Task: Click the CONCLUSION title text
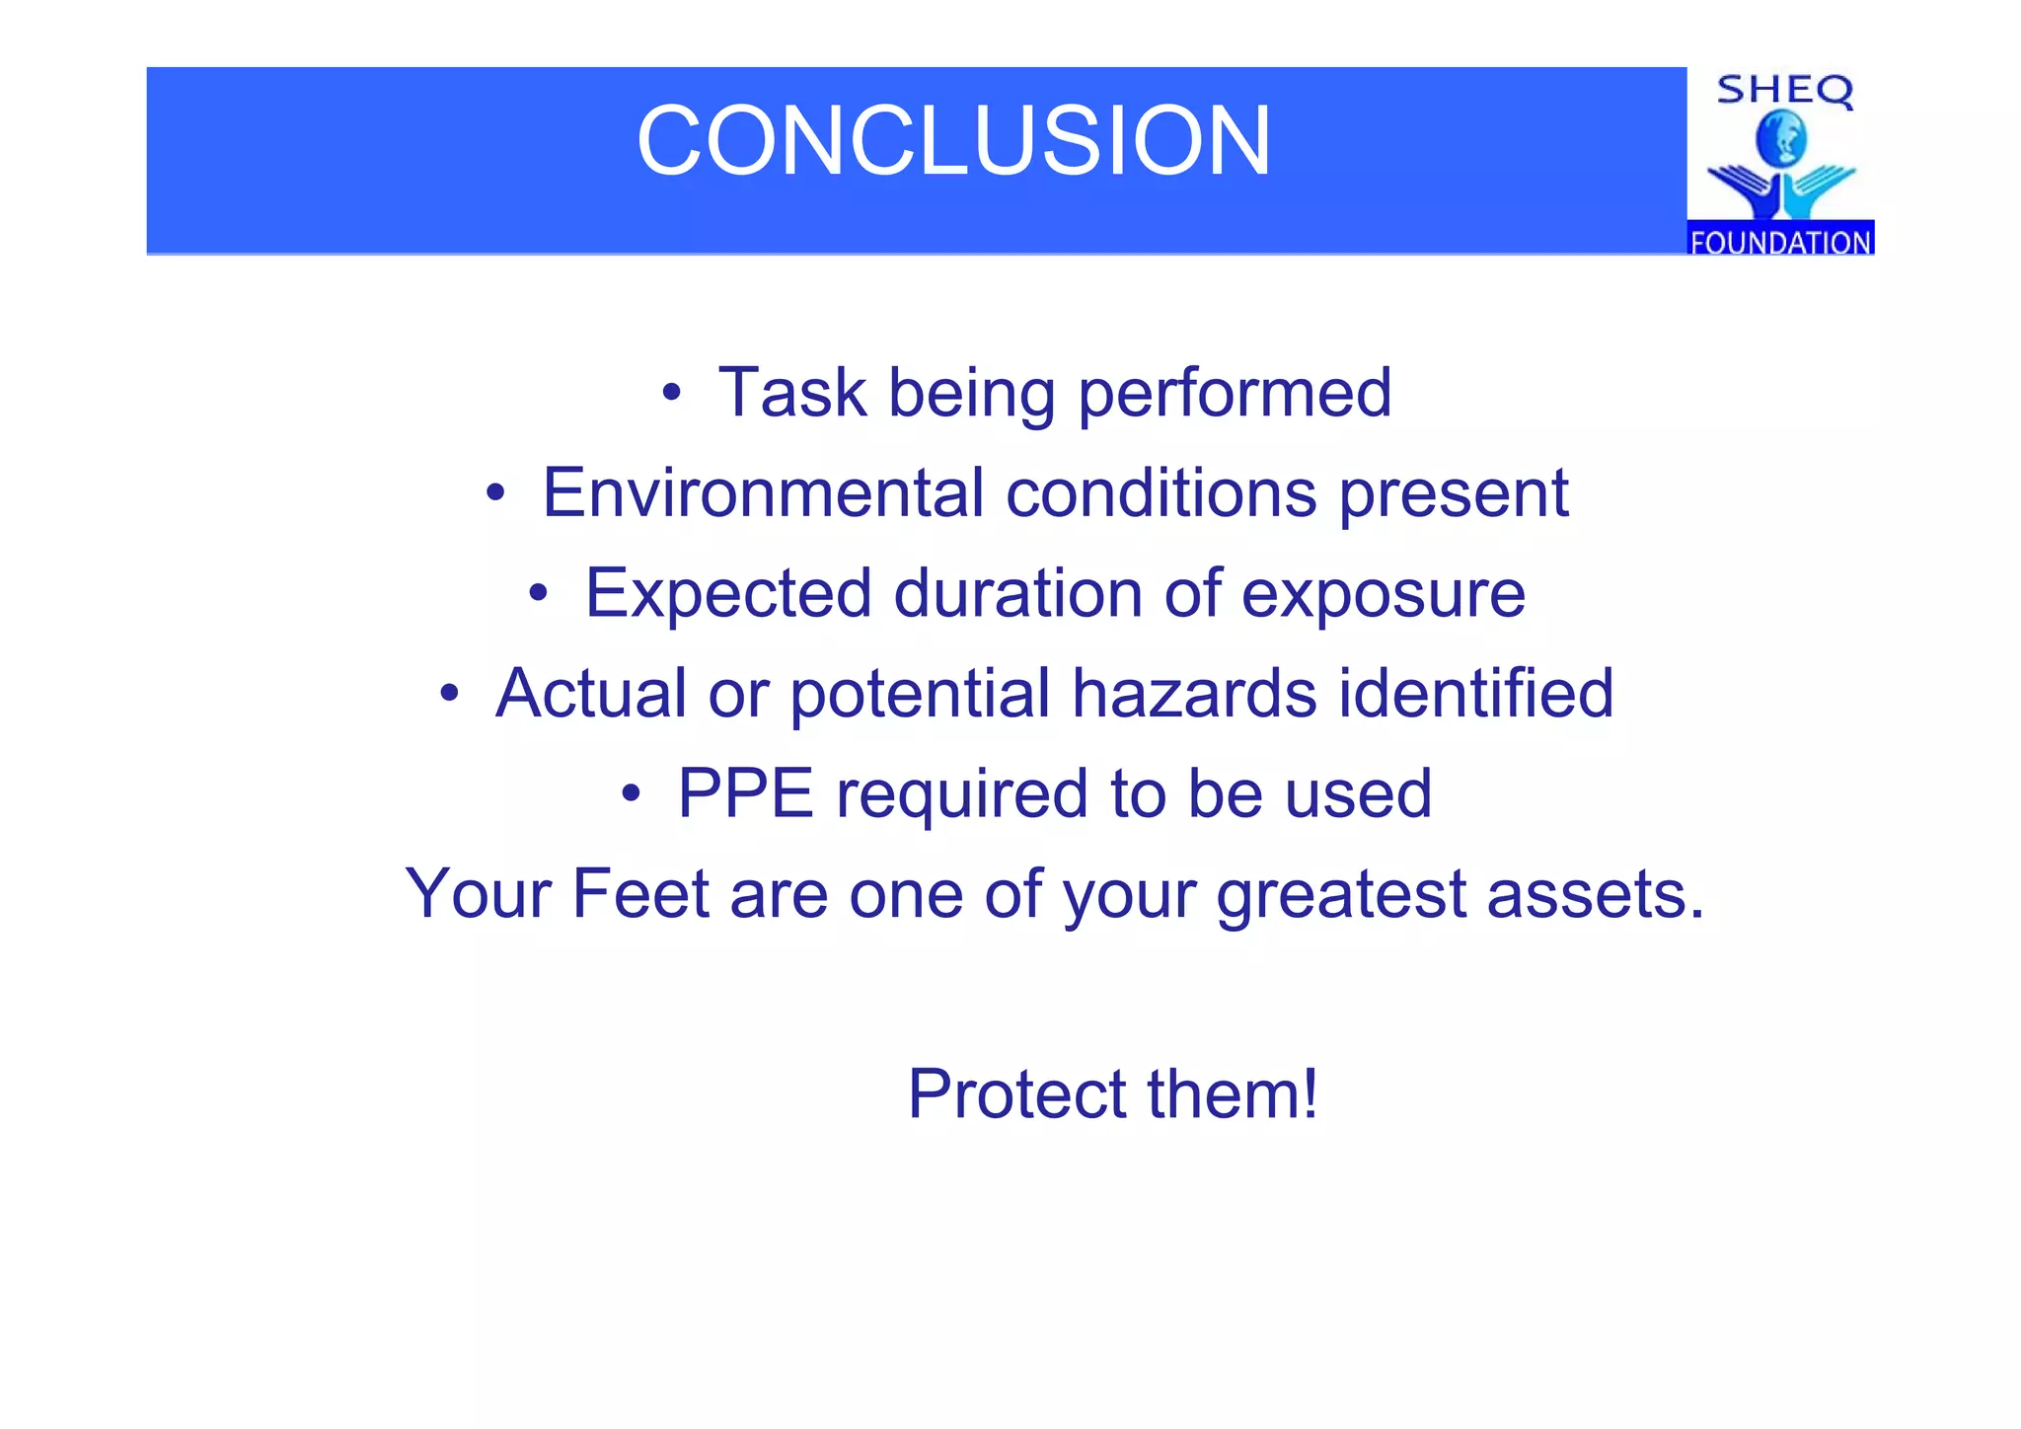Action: tap(953, 141)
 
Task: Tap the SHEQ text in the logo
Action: tap(1784, 91)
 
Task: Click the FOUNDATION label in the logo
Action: tap(1780, 241)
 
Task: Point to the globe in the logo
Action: tap(1781, 139)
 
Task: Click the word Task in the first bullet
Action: tap(791, 393)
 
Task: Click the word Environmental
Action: tap(762, 492)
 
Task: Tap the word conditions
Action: tap(1160, 492)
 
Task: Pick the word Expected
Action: tap(728, 594)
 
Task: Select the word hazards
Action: tap(1194, 693)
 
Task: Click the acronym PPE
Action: tap(745, 793)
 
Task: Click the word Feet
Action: tap(640, 894)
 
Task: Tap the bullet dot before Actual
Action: tap(449, 694)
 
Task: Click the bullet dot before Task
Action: tap(671, 394)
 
